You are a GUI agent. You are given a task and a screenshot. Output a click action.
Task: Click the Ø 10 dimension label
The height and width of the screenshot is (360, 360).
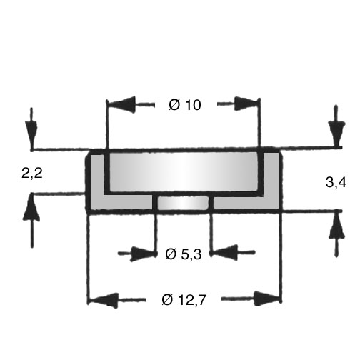pos(185,105)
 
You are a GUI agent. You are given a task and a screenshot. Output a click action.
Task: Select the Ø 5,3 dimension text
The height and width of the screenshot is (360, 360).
pos(184,254)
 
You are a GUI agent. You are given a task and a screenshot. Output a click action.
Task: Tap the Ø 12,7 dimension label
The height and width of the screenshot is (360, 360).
pos(184,300)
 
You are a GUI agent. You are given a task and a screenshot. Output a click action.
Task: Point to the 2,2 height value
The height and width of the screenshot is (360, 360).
pos(32,173)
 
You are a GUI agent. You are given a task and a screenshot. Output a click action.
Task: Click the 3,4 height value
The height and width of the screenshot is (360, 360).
pos(336,183)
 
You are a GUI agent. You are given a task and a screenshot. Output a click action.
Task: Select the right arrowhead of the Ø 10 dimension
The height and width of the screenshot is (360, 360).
pos(246,104)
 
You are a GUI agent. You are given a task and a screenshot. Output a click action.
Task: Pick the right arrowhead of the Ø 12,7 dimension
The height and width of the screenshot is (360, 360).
pos(266,299)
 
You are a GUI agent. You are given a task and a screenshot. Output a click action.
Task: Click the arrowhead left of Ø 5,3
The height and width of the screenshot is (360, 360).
pos(143,254)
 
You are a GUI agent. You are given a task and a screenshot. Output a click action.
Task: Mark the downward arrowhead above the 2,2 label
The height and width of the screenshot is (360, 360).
pos(31,134)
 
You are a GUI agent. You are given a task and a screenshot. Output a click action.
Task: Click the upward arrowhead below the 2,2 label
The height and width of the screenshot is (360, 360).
pos(31,208)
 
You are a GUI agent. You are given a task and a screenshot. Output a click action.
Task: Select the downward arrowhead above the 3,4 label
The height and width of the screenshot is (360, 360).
pos(336,133)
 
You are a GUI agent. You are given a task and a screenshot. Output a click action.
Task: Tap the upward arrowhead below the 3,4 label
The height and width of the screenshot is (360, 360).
pos(336,225)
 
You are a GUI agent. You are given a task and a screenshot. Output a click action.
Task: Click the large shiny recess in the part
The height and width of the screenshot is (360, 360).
pos(184,171)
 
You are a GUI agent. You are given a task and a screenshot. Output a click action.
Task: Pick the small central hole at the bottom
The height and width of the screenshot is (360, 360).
pos(183,203)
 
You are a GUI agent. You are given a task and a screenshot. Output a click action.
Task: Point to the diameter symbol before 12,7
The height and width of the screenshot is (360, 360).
pos(167,300)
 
